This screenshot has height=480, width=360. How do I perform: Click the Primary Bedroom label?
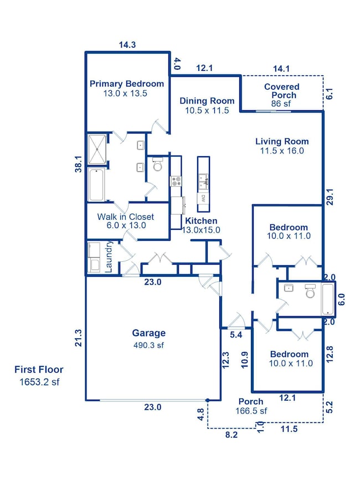(127, 84)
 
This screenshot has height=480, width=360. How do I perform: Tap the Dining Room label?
(207, 101)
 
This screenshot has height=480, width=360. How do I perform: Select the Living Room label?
(282, 141)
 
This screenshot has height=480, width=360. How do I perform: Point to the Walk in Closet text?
(125, 217)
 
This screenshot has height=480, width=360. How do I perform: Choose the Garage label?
(148, 333)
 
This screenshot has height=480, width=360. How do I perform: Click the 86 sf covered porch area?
(281, 104)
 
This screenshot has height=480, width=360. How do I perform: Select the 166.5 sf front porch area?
(253, 411)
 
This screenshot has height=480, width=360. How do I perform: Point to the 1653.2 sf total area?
(39, 381)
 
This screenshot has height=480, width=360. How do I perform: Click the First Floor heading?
(39, 370)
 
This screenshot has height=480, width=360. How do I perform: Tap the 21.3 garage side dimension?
(79, 338)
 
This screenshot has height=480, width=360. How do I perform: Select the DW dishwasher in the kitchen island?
(203, 198)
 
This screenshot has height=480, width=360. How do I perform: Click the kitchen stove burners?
(176, 179)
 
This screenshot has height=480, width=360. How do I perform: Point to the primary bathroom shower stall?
(97, 149)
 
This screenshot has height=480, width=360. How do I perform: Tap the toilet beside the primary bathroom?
(157, 166)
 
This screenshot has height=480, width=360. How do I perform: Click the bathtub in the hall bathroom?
(328, 299)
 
